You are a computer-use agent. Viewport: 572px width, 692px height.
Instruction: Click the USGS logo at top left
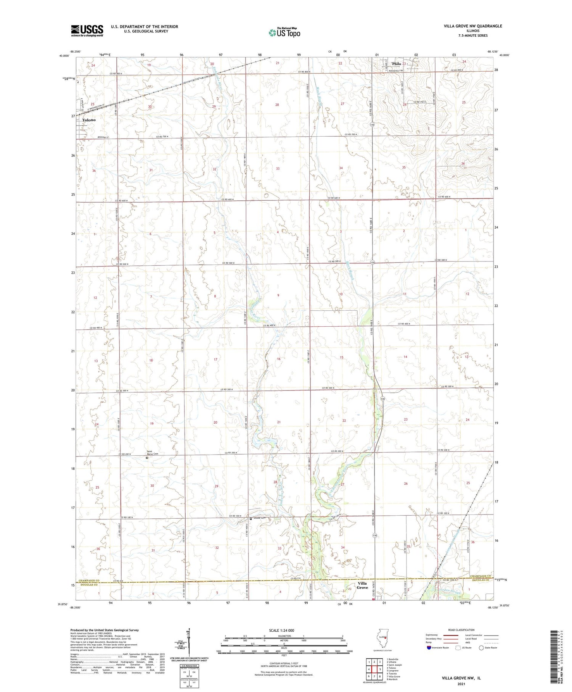(87, 31)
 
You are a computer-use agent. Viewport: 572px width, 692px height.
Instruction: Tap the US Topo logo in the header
(284, 32)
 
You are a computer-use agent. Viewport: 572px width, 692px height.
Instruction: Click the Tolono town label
(89, 120)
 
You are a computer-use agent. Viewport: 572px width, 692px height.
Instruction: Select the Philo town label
(397, 64)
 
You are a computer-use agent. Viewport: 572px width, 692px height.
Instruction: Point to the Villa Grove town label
(362, 586)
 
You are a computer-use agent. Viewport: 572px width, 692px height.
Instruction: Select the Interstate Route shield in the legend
(429, 648)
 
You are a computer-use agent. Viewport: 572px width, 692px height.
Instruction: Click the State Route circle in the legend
(481, 648)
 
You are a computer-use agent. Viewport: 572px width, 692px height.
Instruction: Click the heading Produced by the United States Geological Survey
(104, 630)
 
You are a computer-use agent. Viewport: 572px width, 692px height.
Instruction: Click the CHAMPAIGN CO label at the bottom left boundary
(91, 581)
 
